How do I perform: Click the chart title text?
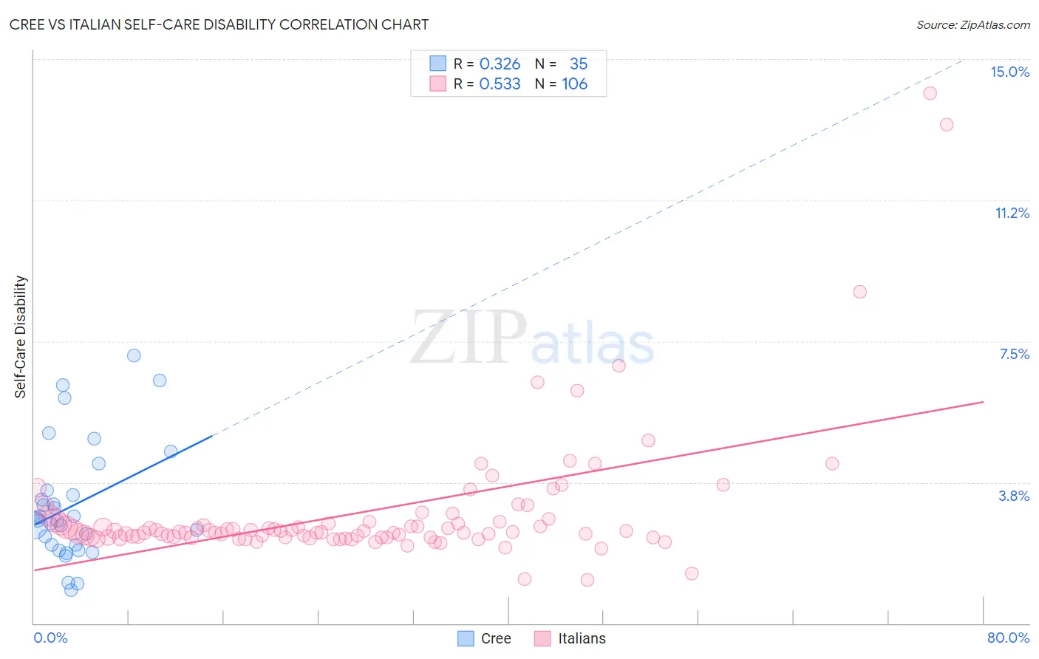219,24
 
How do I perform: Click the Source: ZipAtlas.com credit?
972,25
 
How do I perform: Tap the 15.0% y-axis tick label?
1009,72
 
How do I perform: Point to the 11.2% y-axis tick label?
1012,213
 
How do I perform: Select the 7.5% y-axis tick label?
1014,354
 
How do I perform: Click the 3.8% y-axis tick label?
1014,496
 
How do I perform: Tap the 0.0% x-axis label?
50,638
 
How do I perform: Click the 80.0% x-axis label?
1008,638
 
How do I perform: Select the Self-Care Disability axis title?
21,337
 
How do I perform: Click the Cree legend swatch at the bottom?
466,638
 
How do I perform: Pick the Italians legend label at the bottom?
582,638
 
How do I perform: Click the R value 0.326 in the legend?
500,64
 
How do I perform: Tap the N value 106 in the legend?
574,84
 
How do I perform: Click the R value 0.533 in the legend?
500,84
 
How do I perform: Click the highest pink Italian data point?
930,93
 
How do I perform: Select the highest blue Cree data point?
134,355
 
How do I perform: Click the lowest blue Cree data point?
71,590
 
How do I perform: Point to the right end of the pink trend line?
983,402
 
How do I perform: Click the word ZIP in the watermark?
469,338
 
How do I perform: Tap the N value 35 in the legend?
579,64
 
